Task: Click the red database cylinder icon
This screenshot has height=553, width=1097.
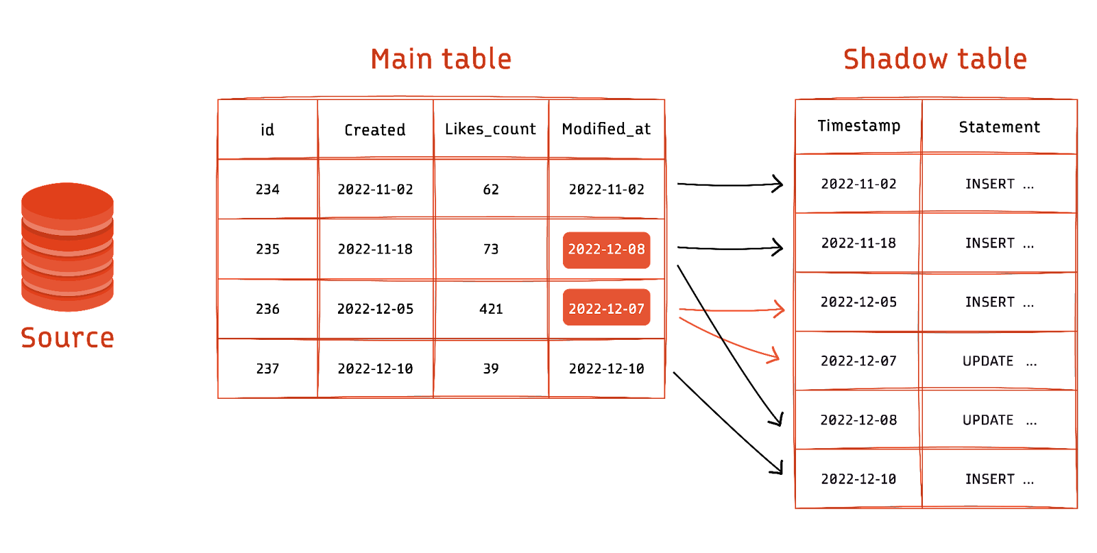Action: pos(68,247)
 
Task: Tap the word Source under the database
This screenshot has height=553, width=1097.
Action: pos(68,338)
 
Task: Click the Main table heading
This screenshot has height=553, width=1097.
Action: pos(442,59)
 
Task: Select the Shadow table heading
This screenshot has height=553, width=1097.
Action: pos(935,59)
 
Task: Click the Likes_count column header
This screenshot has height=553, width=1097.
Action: pos(490,130)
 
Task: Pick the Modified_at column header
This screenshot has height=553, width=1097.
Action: pos(606,130)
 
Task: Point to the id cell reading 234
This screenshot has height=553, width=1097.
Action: pos(267,189)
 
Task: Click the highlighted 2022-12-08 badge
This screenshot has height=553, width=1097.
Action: pos(606,249)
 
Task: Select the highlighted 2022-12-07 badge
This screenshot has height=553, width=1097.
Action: pos(606,308)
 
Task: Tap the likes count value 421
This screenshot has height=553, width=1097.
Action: pos(491,309)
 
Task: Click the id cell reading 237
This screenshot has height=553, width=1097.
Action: pos(267,369)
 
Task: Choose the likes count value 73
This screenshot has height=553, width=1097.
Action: pos(491,249)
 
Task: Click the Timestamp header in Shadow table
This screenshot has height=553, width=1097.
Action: pos(858,126)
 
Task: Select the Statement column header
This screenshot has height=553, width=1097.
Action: pos(999,127)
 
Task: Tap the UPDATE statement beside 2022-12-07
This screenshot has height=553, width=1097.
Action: pos(999,361)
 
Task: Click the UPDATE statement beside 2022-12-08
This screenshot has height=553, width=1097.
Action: pos(999,420)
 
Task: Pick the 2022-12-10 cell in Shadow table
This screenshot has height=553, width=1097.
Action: pos(858,479)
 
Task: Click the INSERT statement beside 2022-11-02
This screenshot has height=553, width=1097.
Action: pos(999,184)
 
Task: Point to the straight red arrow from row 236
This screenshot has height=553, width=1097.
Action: pos(732,310)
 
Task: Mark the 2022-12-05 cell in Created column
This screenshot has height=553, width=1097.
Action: pos(375,309)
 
